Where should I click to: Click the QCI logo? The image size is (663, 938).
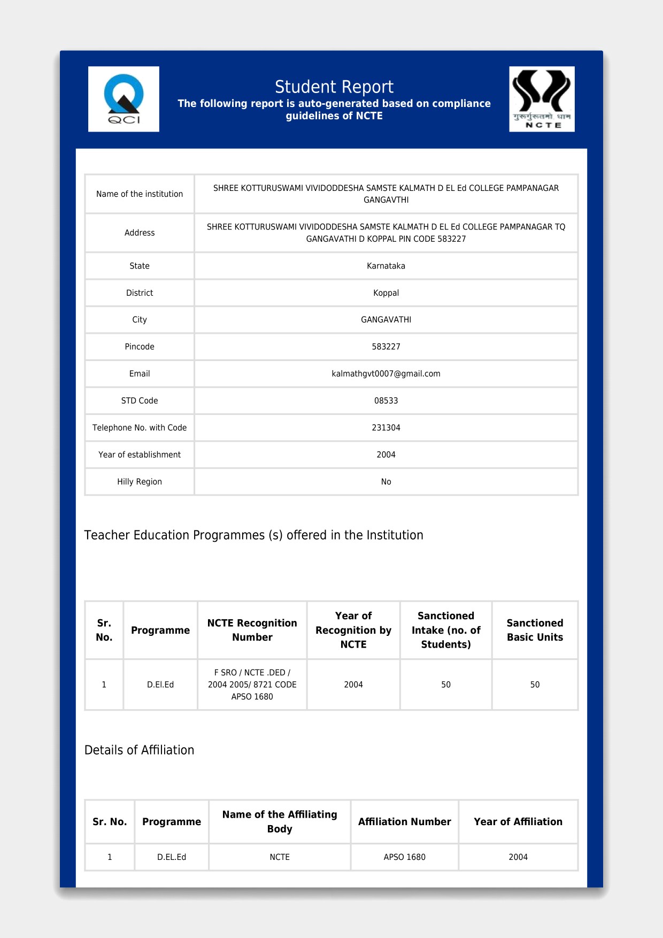[x=124, y=99]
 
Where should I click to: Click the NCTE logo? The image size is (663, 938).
[x=542, y=99]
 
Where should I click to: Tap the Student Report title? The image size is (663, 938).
[x=334, y=87]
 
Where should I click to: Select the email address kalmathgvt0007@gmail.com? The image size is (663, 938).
[x=386, y=374]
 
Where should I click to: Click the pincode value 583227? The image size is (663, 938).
[x=386, y=347]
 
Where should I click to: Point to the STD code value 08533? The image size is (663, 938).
[x=386, y=401]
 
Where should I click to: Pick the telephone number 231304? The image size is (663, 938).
[x=386, y=428]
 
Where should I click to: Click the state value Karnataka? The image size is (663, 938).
[x=386, y=266]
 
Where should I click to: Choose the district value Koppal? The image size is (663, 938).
[x=386, y=293]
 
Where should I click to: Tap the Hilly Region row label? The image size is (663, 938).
[x=140, y=482]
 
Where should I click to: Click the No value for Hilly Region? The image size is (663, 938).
[x=386, y=482]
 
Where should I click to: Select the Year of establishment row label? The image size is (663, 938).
[x=140, y=455]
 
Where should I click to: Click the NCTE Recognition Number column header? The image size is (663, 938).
[x=252, y=630]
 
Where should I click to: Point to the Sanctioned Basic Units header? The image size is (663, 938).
[x=535, y=630]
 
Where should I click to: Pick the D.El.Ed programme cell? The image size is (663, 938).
[x=160, y=685]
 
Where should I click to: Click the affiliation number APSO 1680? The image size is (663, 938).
[x=404, y=857]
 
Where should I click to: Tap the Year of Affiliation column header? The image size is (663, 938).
[x=518, y=822]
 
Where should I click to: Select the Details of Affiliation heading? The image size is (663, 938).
[x=139, y=750]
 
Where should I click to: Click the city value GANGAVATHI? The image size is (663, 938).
[x=386, y=320]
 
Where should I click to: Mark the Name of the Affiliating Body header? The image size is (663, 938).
[x=280, y=821]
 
